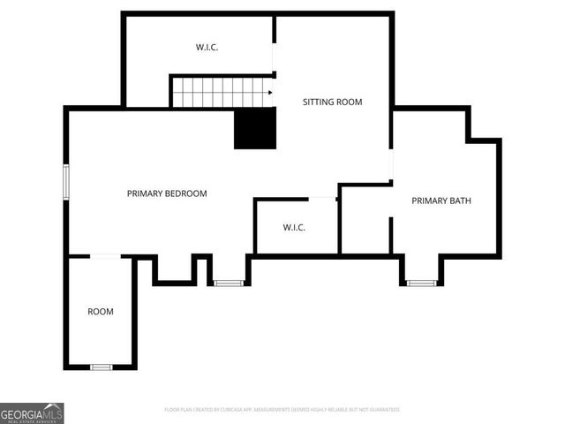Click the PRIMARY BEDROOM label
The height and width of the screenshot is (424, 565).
click(167, 193)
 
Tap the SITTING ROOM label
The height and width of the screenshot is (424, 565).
click(332, 102)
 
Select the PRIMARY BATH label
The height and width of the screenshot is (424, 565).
click(441, 201)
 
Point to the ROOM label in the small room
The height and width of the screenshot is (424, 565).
click(100, 312)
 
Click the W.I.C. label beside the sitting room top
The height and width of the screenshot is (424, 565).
click(207, 47)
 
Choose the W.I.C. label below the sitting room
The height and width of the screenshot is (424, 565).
click(294, 228)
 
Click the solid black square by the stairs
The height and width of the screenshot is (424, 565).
click(255, 129)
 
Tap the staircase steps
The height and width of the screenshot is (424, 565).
click(218, 92)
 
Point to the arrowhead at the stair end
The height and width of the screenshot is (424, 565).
click(269, 92)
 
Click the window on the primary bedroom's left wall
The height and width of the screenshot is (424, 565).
click(65, 181)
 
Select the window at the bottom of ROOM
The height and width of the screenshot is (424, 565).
click(101, 367)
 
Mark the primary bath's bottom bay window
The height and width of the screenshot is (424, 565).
click(421, 283)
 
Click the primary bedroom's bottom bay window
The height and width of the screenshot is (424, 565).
click(229, 283)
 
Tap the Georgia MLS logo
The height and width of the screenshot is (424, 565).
click(32, 413)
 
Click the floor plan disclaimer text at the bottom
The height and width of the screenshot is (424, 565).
click(282, 410)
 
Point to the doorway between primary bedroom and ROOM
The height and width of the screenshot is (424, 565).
click(105, 256)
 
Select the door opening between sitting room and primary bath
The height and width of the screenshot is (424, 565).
click(391, 165)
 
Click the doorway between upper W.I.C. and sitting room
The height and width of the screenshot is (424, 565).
click(274, 57)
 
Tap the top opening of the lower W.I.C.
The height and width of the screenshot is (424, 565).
click(321, 198)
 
